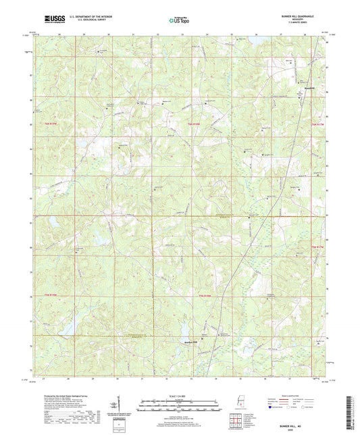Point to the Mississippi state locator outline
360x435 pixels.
[x=238, y=405]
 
